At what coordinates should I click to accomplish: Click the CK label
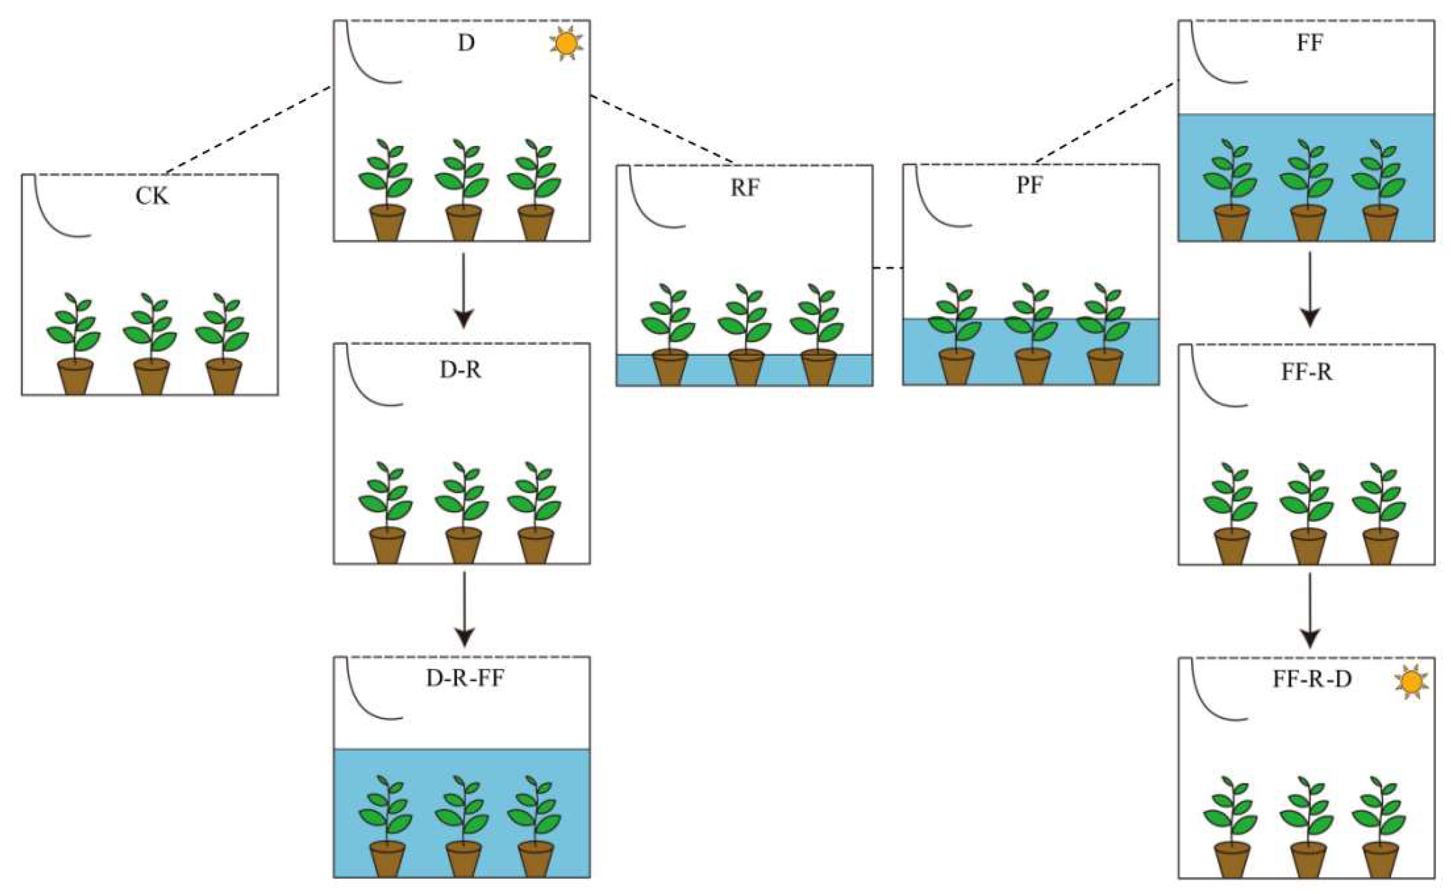152,196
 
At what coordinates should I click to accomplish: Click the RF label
745,188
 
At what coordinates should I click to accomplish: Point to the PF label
1030,185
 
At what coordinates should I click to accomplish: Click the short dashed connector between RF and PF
888,269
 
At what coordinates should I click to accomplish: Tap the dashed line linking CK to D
248,130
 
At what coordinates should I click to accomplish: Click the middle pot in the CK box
151,376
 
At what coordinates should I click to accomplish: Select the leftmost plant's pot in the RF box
670,367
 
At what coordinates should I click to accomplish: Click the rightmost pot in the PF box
1105,367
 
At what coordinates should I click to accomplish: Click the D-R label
460,370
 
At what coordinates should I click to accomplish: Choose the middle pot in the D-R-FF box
464,858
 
